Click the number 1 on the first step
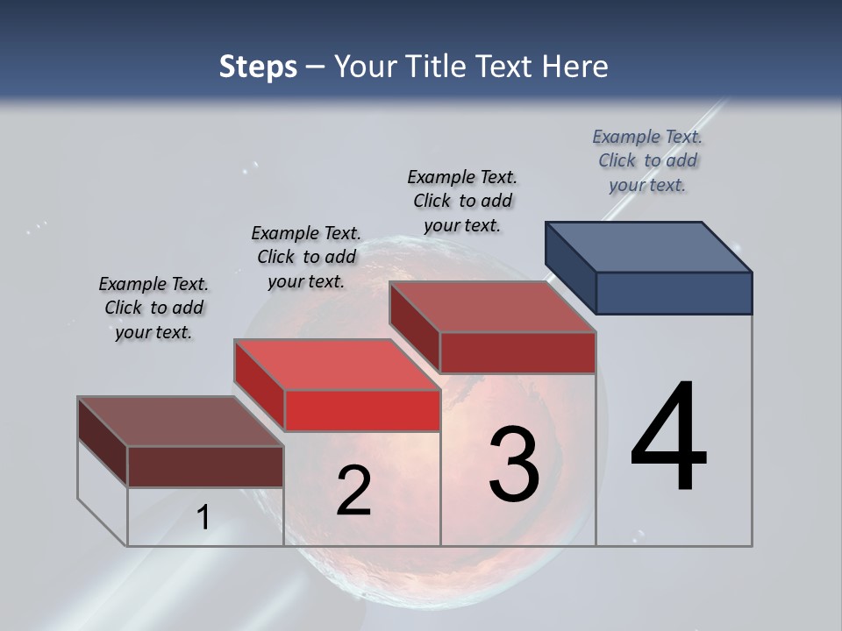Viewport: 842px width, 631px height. tap(203, 517)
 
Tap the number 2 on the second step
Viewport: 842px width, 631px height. tap(353, 491)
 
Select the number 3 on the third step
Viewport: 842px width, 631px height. tap(514, 464)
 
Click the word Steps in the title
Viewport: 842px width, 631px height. tap(258, 67)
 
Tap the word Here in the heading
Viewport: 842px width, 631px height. tap(575, 67)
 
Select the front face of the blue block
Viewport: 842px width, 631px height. tap(674, 293)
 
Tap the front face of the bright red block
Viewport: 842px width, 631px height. tap(362, 410)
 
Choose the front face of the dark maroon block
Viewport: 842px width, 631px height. tap(205, 466)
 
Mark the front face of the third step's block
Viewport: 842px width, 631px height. tap(517, 352)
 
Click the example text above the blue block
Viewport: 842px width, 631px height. tap(647, 160)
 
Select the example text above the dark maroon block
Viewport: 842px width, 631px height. tap(153, 308)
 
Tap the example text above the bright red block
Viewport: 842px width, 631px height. tap(306, 257)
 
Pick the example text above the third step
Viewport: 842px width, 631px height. tap(462, 201)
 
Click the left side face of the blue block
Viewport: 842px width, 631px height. tap(570, 266)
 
